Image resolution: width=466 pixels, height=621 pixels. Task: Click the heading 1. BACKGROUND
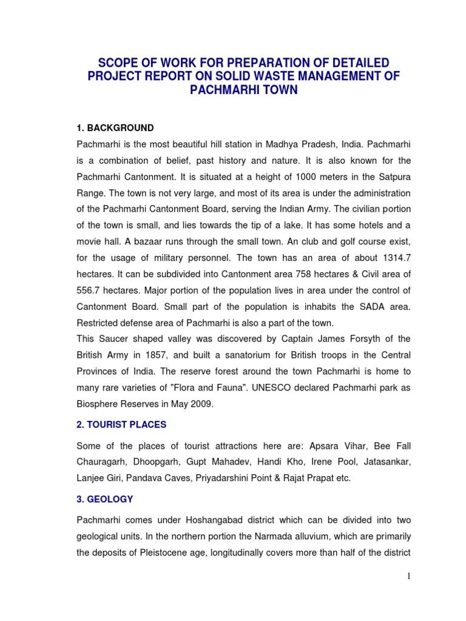(115, 128)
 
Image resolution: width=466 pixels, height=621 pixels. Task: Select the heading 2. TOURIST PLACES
(121, 424)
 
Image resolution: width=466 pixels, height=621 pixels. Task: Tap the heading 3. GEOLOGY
(105, 499)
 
